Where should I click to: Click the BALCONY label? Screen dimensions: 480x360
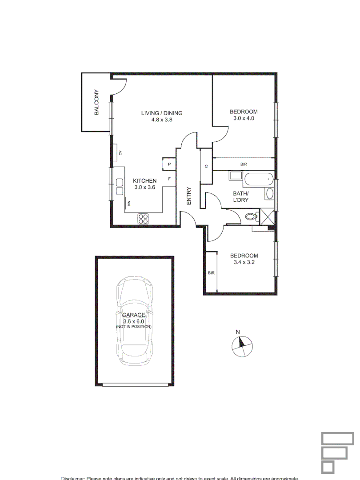[96, 103]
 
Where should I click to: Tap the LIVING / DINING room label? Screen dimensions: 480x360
[162, 113]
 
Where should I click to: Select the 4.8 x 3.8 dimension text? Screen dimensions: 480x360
[162, 120]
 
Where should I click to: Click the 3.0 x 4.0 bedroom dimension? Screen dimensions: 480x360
[244, 119]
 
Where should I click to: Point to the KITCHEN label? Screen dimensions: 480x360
[145, 181]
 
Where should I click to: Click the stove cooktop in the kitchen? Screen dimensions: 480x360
[144, 218]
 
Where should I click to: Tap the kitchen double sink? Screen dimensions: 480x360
[120, 187]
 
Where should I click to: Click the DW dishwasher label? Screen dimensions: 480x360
[129, 204]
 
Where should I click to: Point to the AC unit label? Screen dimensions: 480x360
[120, 153]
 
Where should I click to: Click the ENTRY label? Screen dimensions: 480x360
[188, 196]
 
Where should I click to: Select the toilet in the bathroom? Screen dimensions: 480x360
[251, 217]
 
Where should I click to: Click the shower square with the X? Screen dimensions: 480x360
[268, 217]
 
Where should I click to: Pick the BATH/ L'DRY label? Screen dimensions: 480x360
[240, 196]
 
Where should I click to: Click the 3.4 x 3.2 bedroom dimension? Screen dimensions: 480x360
[244, 263]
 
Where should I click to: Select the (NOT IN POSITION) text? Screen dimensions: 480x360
[134, 327]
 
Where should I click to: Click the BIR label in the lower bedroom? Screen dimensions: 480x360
[211, 273]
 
